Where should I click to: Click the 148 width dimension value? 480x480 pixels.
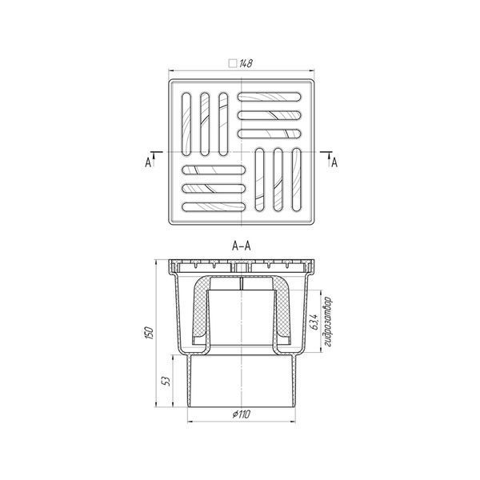pos(246,63)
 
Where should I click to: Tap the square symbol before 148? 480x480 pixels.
pos(233,63)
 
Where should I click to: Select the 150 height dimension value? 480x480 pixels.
pos(149,333)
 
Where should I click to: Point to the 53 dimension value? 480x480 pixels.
pos(166,381)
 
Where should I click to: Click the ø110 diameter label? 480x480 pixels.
pos(242,414)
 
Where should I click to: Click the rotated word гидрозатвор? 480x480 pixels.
pos(328,322)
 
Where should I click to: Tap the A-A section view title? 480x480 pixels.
pos(242,246)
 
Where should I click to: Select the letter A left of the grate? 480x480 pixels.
pos(148,162)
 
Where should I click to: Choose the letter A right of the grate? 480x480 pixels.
pos(334,162)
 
